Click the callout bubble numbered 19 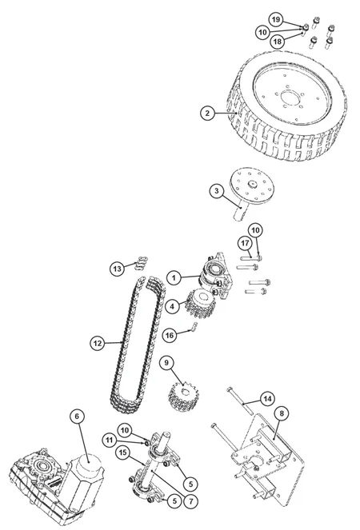point(277,20)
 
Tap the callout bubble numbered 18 point(278,42)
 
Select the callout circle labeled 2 point(207,113)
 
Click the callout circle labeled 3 point(217,191)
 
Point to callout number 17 point(246,243)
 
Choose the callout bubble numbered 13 point(117,269)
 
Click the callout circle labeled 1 point(174,278)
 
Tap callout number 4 point(173,306)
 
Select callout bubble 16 point(170,335)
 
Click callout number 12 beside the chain point(98,344)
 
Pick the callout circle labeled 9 point(166,363)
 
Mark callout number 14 point(267,399)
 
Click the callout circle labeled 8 point(282,413)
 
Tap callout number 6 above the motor point(77,416)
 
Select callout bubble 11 point(109,440)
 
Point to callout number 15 point(122,452)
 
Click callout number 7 point(191,501)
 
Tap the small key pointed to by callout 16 point(194,327)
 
